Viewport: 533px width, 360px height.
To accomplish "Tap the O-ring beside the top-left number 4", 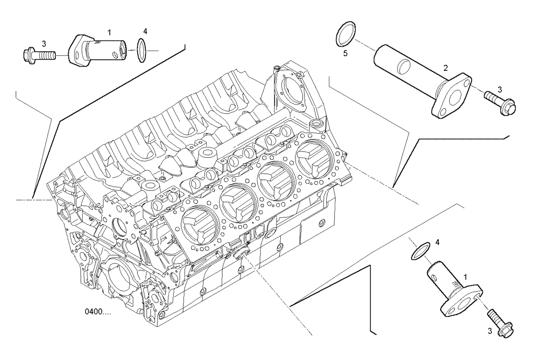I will pyautogui.click(x=141, y=50).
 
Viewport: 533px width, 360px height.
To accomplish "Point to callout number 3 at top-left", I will pyautogui.click(x=44, y=43).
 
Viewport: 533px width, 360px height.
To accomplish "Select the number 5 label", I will pyautogui.click(x=345, y=53).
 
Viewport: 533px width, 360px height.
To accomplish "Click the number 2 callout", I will pyautogui.click(x=446, y=68).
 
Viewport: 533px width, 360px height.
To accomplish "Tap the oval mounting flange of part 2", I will pyautogui.click(x=452, y=96).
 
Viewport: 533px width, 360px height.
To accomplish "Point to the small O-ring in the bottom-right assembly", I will pyautogui.click(x=421, y=251).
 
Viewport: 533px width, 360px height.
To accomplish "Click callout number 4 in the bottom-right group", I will pyautogui.click(x=438, y=242).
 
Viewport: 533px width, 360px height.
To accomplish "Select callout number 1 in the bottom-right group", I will pyautogui.click(x=465, y=277).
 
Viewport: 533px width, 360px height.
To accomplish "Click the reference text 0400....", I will pyautogui.click(x=98, y=312).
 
